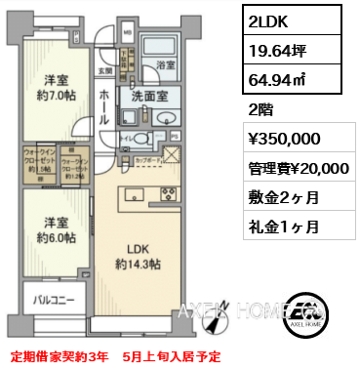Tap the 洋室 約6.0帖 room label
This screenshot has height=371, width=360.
point(55,229)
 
